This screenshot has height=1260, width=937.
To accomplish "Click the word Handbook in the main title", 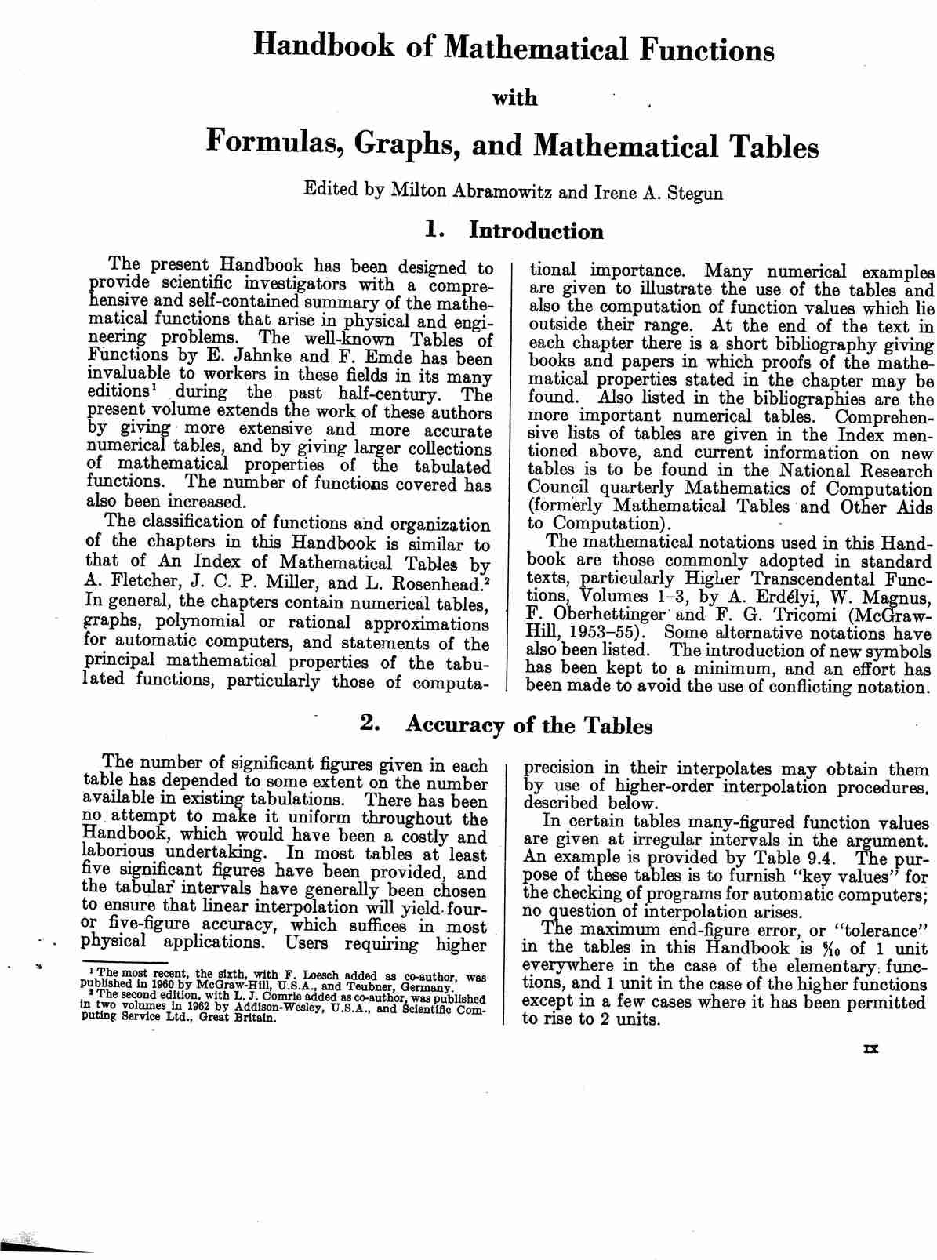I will pos(325,47).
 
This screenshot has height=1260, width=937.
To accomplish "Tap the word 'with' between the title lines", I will pos(514,98).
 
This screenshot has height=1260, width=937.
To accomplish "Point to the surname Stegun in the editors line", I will pos(695,193).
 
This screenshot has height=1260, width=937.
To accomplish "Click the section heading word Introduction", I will pos(536,231).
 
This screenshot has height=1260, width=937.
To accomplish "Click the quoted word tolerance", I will pos(881,931).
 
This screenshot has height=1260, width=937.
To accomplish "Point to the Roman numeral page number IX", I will pos(870,1048).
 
